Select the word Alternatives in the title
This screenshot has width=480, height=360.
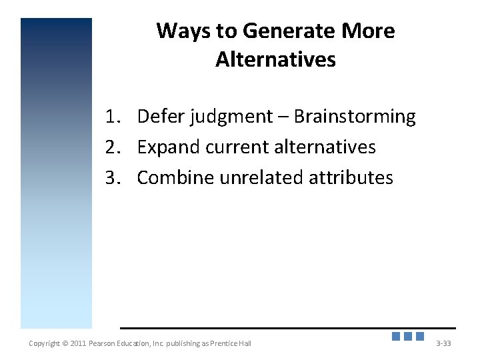click(x=275, y=60)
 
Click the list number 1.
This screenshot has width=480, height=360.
click(x=111, y=117)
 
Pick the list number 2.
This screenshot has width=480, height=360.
click(x=111, y=147)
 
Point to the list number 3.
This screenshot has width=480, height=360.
click(x=111, y=177)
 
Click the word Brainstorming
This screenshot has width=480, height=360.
click(x=355, y=117)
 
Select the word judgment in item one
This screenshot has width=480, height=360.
click(x=231, y=117)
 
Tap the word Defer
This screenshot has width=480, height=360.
click(x=161, y=117)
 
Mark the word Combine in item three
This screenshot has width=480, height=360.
click(x=171, y=177)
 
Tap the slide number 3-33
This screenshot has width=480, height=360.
click(x=443, y=343)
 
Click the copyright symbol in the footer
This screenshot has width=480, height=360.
click(x=65, y=343)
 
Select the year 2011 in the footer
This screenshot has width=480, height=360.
click(x=78, y=343)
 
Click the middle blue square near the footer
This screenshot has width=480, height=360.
click(x=408, y=337)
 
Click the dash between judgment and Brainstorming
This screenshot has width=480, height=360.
click(x=283, y=117)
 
